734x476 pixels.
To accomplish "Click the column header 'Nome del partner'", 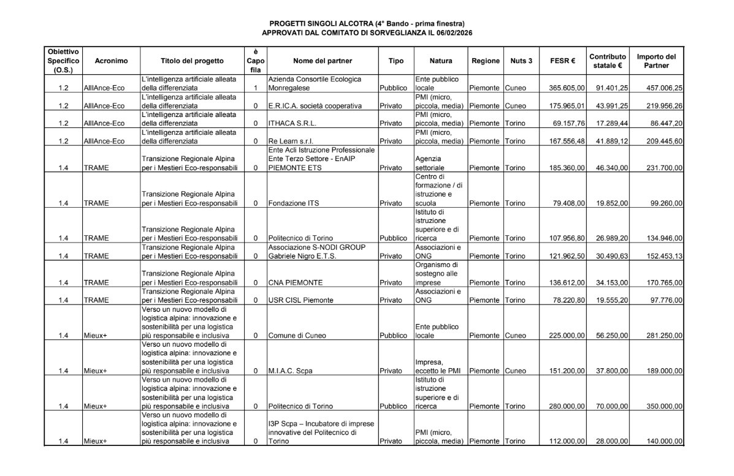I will point(323,61).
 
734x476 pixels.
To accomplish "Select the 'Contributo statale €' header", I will point(608,61).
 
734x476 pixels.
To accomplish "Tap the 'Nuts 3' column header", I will point(521,61).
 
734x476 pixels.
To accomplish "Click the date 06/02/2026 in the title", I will point(453,32).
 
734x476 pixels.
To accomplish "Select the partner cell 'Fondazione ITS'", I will point(293,203).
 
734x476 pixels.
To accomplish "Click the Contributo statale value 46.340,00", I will point(611,167).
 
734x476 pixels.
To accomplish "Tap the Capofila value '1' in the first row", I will point(255,88).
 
